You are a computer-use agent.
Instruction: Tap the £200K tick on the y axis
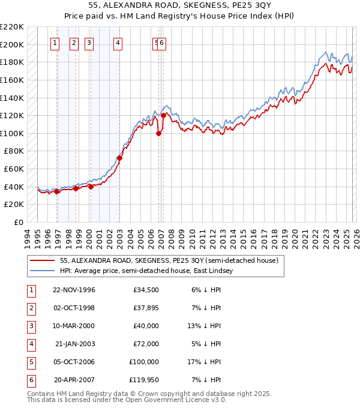13,44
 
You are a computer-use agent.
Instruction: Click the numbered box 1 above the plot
55,43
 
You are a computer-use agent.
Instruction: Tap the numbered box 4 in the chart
118,43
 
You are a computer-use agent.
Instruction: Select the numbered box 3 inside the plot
88,43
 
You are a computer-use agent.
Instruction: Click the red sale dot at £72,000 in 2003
119,158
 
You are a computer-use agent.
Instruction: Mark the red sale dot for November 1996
57,192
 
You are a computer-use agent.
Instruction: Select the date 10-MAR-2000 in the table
74,325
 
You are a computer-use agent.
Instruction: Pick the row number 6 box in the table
31,380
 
